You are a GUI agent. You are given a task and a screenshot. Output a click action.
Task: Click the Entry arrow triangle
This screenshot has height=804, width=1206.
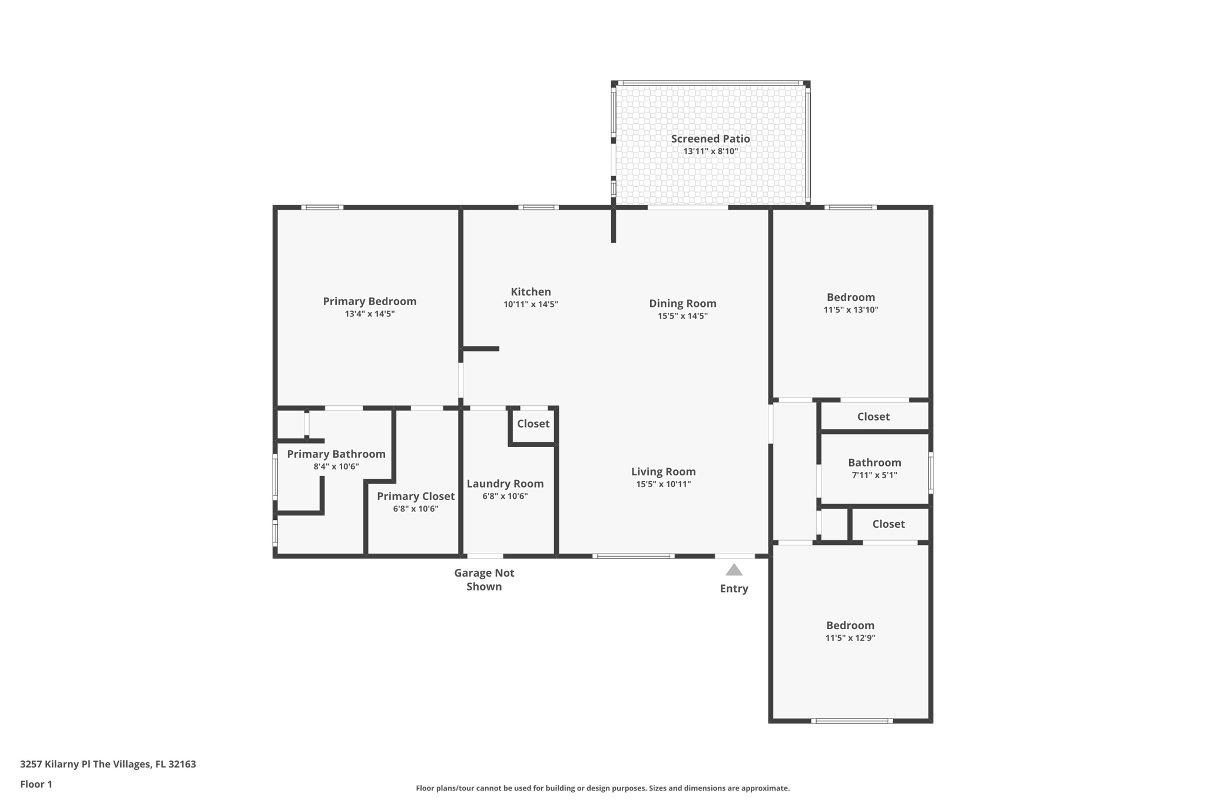tap(734, 570)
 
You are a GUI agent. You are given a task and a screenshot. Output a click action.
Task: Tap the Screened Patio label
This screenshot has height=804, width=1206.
tap(710, 139)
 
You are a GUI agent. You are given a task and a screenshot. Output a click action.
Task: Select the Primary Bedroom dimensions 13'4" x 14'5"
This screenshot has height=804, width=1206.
tap(369, 314)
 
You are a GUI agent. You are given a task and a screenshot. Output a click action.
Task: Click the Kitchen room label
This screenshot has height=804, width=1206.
tap(531, 292)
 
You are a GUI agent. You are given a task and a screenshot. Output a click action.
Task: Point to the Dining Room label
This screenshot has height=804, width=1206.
tap(682, 303)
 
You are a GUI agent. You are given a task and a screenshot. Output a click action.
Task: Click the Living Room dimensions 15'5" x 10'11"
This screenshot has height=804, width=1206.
tap(663, 484)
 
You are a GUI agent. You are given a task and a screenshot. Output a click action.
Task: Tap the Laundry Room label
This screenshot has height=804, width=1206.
tap(505, 484)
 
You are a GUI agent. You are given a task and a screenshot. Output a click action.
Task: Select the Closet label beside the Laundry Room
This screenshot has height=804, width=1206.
tap(533, 423)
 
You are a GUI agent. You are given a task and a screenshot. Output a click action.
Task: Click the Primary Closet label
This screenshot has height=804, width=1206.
tap(415, 496)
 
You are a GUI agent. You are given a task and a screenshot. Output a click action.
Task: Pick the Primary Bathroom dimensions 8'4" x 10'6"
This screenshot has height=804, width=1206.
tap(336, 466)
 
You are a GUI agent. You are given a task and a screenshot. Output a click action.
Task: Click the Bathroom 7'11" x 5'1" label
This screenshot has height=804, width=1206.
tap(874, 462)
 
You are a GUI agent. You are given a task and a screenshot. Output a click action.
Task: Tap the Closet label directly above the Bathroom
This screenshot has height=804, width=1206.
tap(873, 416)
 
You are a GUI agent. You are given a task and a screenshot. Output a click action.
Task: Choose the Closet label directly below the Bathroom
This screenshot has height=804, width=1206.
tap(888, 524)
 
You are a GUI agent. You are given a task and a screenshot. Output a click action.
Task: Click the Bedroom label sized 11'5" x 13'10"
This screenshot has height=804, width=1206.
tap(850, 297)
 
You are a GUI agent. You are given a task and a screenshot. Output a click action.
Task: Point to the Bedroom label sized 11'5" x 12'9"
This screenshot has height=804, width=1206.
tap(850, 626)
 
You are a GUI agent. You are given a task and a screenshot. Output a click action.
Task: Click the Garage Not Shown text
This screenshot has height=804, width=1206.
tap(484, 580)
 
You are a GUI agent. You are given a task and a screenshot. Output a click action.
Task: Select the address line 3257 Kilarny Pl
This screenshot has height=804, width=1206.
tap(108, 764)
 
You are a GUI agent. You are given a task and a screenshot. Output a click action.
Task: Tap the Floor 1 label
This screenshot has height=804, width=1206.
tap(36, 784)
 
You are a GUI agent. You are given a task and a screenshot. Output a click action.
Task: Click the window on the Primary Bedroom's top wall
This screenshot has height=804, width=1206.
tap(322, 207)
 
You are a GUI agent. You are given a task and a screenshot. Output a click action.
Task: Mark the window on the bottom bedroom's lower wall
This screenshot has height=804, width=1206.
tap(852, 721)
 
